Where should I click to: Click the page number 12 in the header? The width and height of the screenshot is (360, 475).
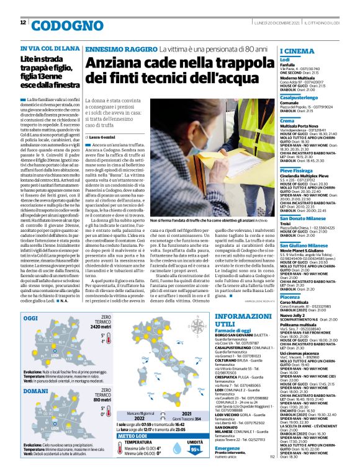[x=24, y=23]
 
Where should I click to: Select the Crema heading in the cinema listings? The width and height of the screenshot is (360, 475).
[x=287, y=120]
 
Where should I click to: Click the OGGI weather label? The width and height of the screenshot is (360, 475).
[x=30, y=318]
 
